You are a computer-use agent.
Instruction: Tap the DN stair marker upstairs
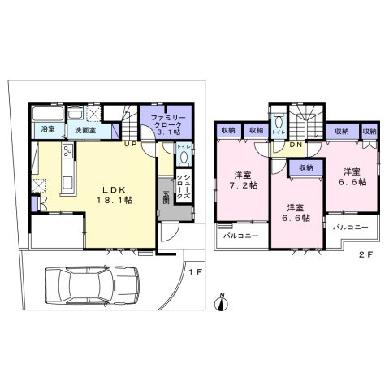tap(296, 145)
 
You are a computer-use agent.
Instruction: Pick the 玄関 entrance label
tap(166, 199)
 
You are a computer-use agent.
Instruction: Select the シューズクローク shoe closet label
tap(186, 193)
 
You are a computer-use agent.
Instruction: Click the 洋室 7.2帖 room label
tap(241, 181)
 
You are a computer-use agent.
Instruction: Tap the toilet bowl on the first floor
tap(184, 158)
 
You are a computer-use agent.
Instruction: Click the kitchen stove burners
tap(64, 152)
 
